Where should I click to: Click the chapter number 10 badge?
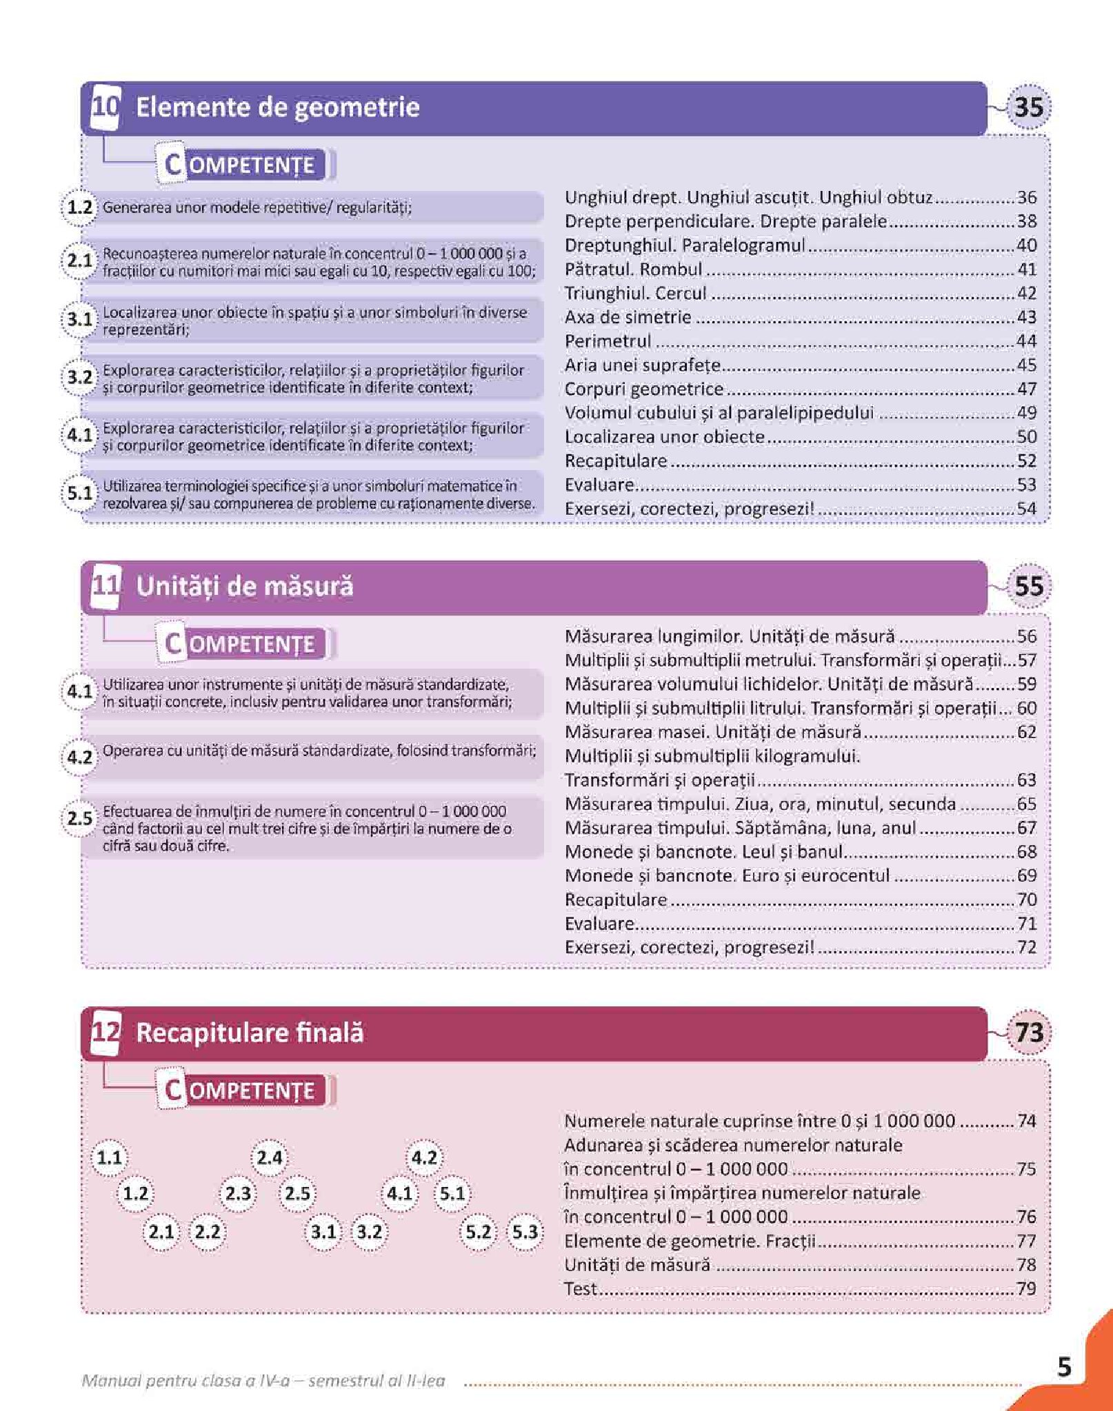point(106,107)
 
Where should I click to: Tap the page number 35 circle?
point(1028,107)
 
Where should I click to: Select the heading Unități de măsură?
point(244,587)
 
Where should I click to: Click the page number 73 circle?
point(1028,1033)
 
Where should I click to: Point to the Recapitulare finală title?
point(250,1033)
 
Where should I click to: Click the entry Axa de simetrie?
point(628,317)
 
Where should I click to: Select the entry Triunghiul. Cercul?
point(635,293)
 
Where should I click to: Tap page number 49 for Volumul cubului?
point(1026,413)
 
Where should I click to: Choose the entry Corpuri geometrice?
point(643,389)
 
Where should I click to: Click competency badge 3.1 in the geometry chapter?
point(79,320)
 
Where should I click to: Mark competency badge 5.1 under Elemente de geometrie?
point(79,494)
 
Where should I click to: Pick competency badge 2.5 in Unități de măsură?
point(79,819)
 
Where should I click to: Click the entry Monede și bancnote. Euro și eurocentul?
point(727,875)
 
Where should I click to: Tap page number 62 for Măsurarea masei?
point(1026,732)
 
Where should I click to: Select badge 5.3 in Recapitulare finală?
point(524,1232)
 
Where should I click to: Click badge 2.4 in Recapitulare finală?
point(269,1157)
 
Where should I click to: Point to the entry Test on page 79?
point(580,1288)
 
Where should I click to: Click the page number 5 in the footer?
point(1064,1366)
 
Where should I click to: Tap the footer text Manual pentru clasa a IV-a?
point(263,1381)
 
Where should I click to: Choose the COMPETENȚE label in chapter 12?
point(241,1090)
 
